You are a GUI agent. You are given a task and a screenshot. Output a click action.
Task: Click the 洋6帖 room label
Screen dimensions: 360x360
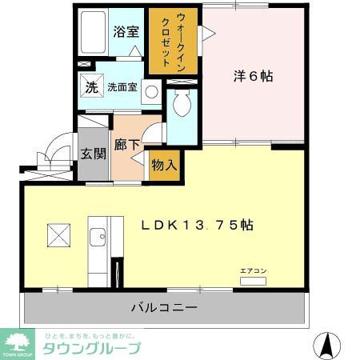click(253, 77)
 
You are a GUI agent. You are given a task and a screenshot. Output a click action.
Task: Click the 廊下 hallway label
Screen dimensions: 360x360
click(126, 145)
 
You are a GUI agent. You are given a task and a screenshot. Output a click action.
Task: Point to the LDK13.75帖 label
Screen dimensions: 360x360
click(198, 226)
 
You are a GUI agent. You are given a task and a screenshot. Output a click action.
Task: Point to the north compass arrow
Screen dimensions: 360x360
click(326, 343)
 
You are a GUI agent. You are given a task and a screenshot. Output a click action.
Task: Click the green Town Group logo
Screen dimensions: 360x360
click(17, 343)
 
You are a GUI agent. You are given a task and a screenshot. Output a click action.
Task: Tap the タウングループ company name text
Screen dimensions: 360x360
click(91, 348)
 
